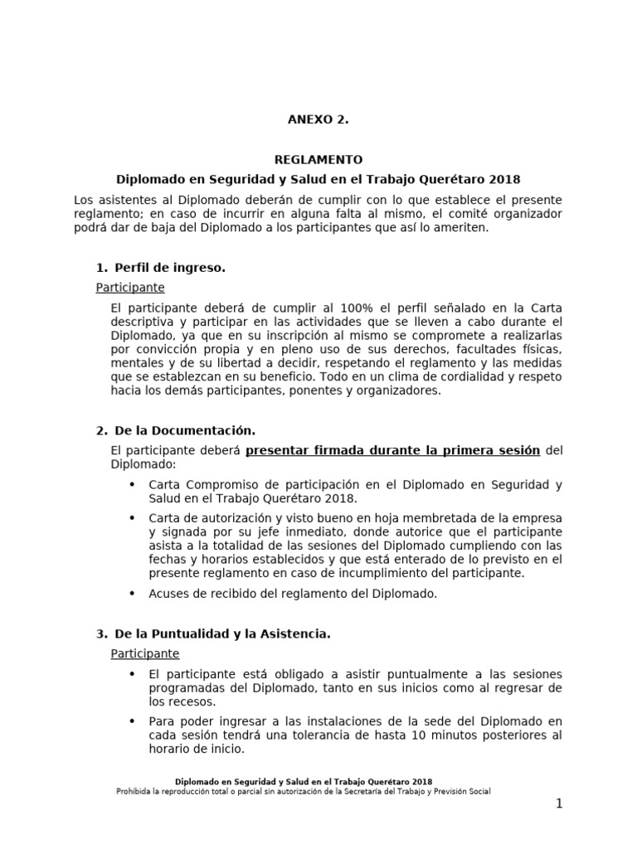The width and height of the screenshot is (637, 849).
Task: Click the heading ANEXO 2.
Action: [x=318, y=119]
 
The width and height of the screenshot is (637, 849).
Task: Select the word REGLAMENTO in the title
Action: [x=318, y=159]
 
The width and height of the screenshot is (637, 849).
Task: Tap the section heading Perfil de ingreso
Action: [x=169, y=268]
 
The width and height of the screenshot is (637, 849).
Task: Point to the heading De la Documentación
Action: [x=183, y=430]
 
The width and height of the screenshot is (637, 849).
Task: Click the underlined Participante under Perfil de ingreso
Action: [x=130, y=288]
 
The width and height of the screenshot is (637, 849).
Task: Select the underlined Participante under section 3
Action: [x=145, y=653]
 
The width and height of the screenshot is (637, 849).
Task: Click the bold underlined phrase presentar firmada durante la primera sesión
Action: [x=393, y=450]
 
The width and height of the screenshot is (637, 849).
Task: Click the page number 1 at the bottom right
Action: [x=559, y=803]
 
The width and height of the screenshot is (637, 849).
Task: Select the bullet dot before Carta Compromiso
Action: [x=133, y=484]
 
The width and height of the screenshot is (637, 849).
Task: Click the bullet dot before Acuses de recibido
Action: [x=133, y=593]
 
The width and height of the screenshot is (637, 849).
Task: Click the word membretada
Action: [x=412, y=518]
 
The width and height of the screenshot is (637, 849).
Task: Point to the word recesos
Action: [x=187, y=701]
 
